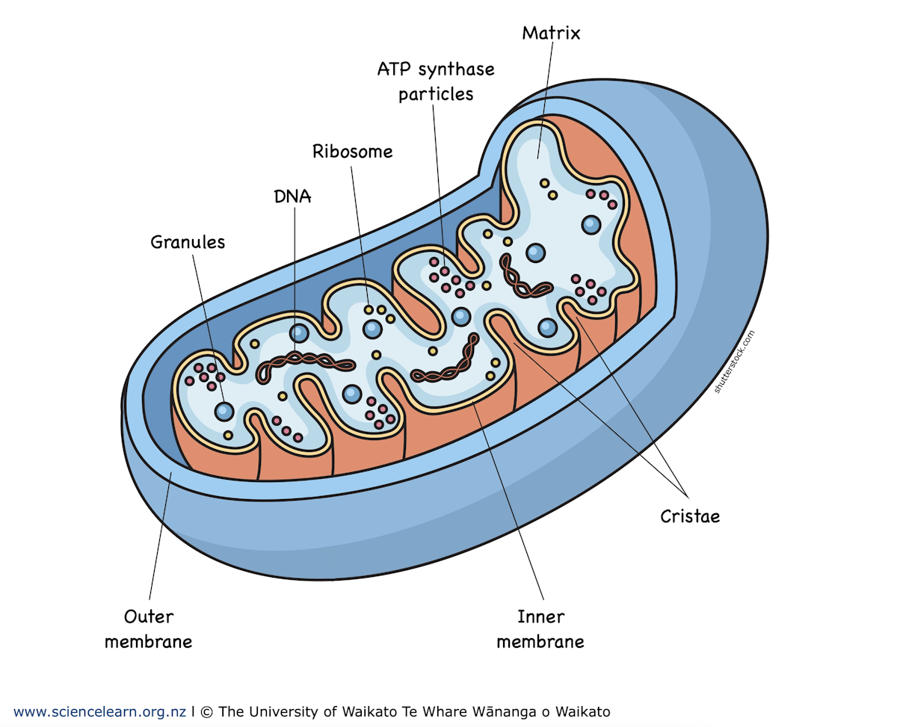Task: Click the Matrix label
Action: pyautogui.click(x=551, y=33)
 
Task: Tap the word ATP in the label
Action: pyautogui.click(x=393, y=69)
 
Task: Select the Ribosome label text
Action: pyautogui.click(x=352, y=152)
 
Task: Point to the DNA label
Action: pyautogui.click(x=292, y=197)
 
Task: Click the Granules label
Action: pyautogui.click(x=188, y=242)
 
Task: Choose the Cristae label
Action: pyautogui.click(x=689, y=516)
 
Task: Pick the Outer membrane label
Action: pyautogui.click(x=148, y=629)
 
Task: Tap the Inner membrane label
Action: pyautogui.click(x=540, y=629)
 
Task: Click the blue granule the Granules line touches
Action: pyautogui.click(x=224, y=410)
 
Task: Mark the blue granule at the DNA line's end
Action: pyautogui.click(x=299, y=333)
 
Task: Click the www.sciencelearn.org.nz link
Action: pyautogui.click(x=99, y=711)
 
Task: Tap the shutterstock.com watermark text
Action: pyautogui.click(x=735, y=362)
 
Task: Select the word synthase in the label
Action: pyautogui.click(x=456, y=69)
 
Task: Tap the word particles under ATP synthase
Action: pyautogui.click(x=436, y=95)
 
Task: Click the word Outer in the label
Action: pyautogui.click(x=148, y=617)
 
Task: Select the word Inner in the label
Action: pyautogui.click(x=540, y=617)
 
